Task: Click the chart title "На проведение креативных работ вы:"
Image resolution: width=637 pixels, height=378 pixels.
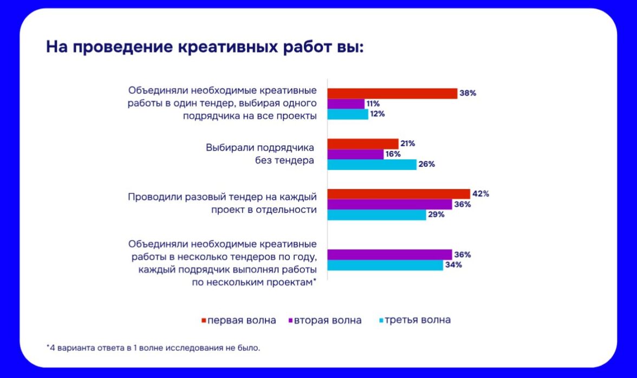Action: (x=205, y=47)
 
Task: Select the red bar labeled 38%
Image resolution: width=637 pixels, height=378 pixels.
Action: (x=392, y=93)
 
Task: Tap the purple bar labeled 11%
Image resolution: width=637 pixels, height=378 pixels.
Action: (x=346, y=103)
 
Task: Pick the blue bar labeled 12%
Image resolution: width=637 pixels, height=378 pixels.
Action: (x=347, y=114)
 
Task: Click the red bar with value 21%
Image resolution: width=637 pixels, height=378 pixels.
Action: (x=363, y=144)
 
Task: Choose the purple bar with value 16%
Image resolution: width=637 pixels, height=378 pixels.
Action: (x=354, y=154)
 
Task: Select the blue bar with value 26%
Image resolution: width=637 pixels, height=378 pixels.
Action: (x=372, y=165)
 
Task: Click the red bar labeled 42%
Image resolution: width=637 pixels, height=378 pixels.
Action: (x=398, y=194)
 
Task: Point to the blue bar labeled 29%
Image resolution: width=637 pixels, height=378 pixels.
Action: (x=376, y=214)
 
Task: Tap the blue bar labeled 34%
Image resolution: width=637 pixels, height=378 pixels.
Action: (x=385, y=265)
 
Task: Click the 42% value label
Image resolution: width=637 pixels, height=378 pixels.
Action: (x=480, y=194)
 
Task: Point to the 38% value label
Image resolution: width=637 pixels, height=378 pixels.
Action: (x=467, y=93)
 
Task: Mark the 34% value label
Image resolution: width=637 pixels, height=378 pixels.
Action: (x=453, y=265)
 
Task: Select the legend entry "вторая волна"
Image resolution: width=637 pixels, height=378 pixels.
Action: (x=328, y=320)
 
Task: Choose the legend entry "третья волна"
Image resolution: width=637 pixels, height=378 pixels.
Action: (x=417, y=320)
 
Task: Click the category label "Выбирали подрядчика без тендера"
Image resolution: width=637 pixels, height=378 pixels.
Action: (x=260, y=154)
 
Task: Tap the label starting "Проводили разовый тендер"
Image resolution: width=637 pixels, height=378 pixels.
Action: (x=222, y=203)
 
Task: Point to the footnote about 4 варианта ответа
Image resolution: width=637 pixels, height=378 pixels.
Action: (x=153, y=348)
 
